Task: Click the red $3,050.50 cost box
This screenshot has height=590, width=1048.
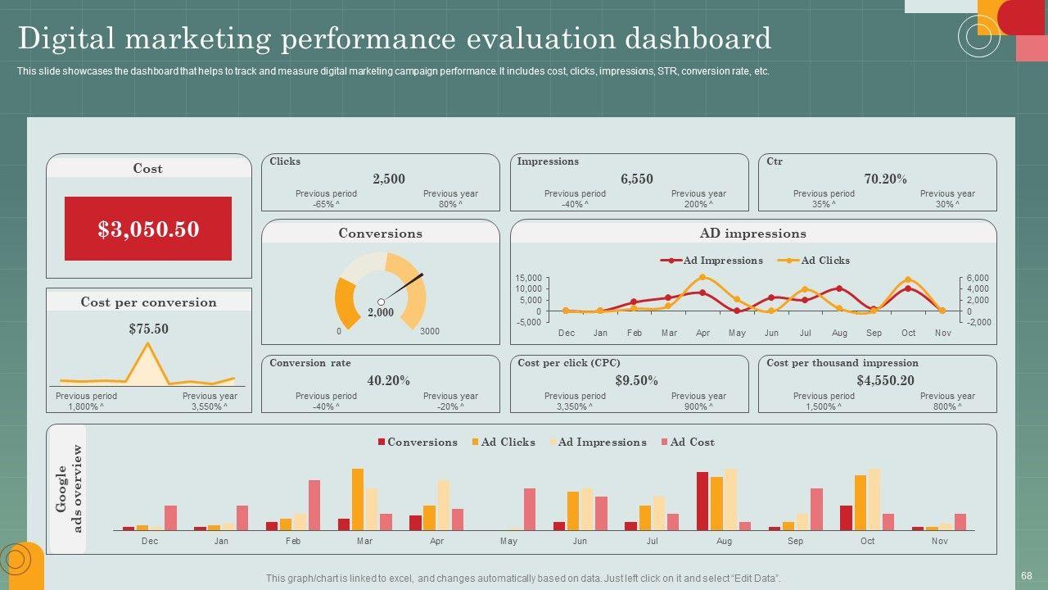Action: pos(148,229)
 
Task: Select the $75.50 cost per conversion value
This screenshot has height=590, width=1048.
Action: pos(148,329)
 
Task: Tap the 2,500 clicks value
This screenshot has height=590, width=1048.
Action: pos(389,179)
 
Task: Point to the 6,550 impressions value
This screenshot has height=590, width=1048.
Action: pos(637,179)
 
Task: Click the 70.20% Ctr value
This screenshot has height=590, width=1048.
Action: pos(885,179)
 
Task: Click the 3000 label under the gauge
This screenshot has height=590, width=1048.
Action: pos(430,332)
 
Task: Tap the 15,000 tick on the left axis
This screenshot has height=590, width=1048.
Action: pos(528,278)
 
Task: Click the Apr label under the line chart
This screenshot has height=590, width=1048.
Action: pos(702,334)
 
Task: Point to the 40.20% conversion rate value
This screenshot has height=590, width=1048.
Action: pos(389,380)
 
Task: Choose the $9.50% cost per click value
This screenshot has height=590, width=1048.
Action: pos(637,380)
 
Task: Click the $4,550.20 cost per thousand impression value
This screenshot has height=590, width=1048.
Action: pos(885,380)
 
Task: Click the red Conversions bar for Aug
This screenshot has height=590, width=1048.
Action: pos(702,501)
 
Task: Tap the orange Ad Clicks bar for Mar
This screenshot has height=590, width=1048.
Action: pos(358,499)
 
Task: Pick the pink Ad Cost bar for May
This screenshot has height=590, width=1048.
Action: pos(530,509)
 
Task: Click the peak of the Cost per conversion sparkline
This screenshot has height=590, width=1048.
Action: pos(148,343)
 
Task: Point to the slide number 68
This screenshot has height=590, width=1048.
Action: pos(1027,576)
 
